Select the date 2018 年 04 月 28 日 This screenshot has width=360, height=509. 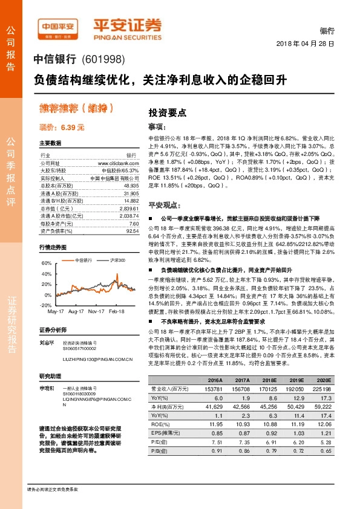click(x=305, y=45)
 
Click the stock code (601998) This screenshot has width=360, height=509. click(x=102, y=60)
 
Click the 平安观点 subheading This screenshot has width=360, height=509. click(x=161, y=206)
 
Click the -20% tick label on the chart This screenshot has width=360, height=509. click(x=46, y=305)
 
